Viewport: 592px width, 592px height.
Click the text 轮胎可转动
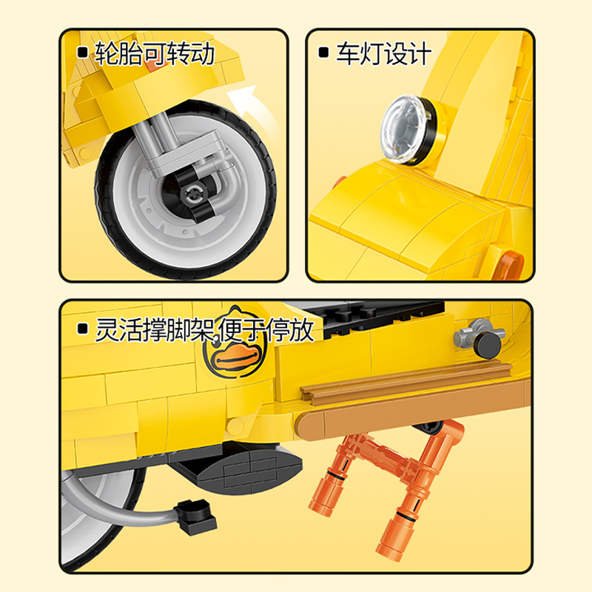155,53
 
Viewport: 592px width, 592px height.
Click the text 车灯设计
383,53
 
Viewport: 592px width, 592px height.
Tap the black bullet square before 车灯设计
323,52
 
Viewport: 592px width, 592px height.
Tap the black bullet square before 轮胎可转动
82,52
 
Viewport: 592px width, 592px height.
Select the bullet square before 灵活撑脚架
82,329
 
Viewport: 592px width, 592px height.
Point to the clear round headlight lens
401,129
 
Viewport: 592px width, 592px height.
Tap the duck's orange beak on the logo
236,359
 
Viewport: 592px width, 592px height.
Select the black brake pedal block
195,515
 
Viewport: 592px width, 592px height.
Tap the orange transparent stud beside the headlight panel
510,266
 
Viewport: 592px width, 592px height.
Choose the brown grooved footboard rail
406,382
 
